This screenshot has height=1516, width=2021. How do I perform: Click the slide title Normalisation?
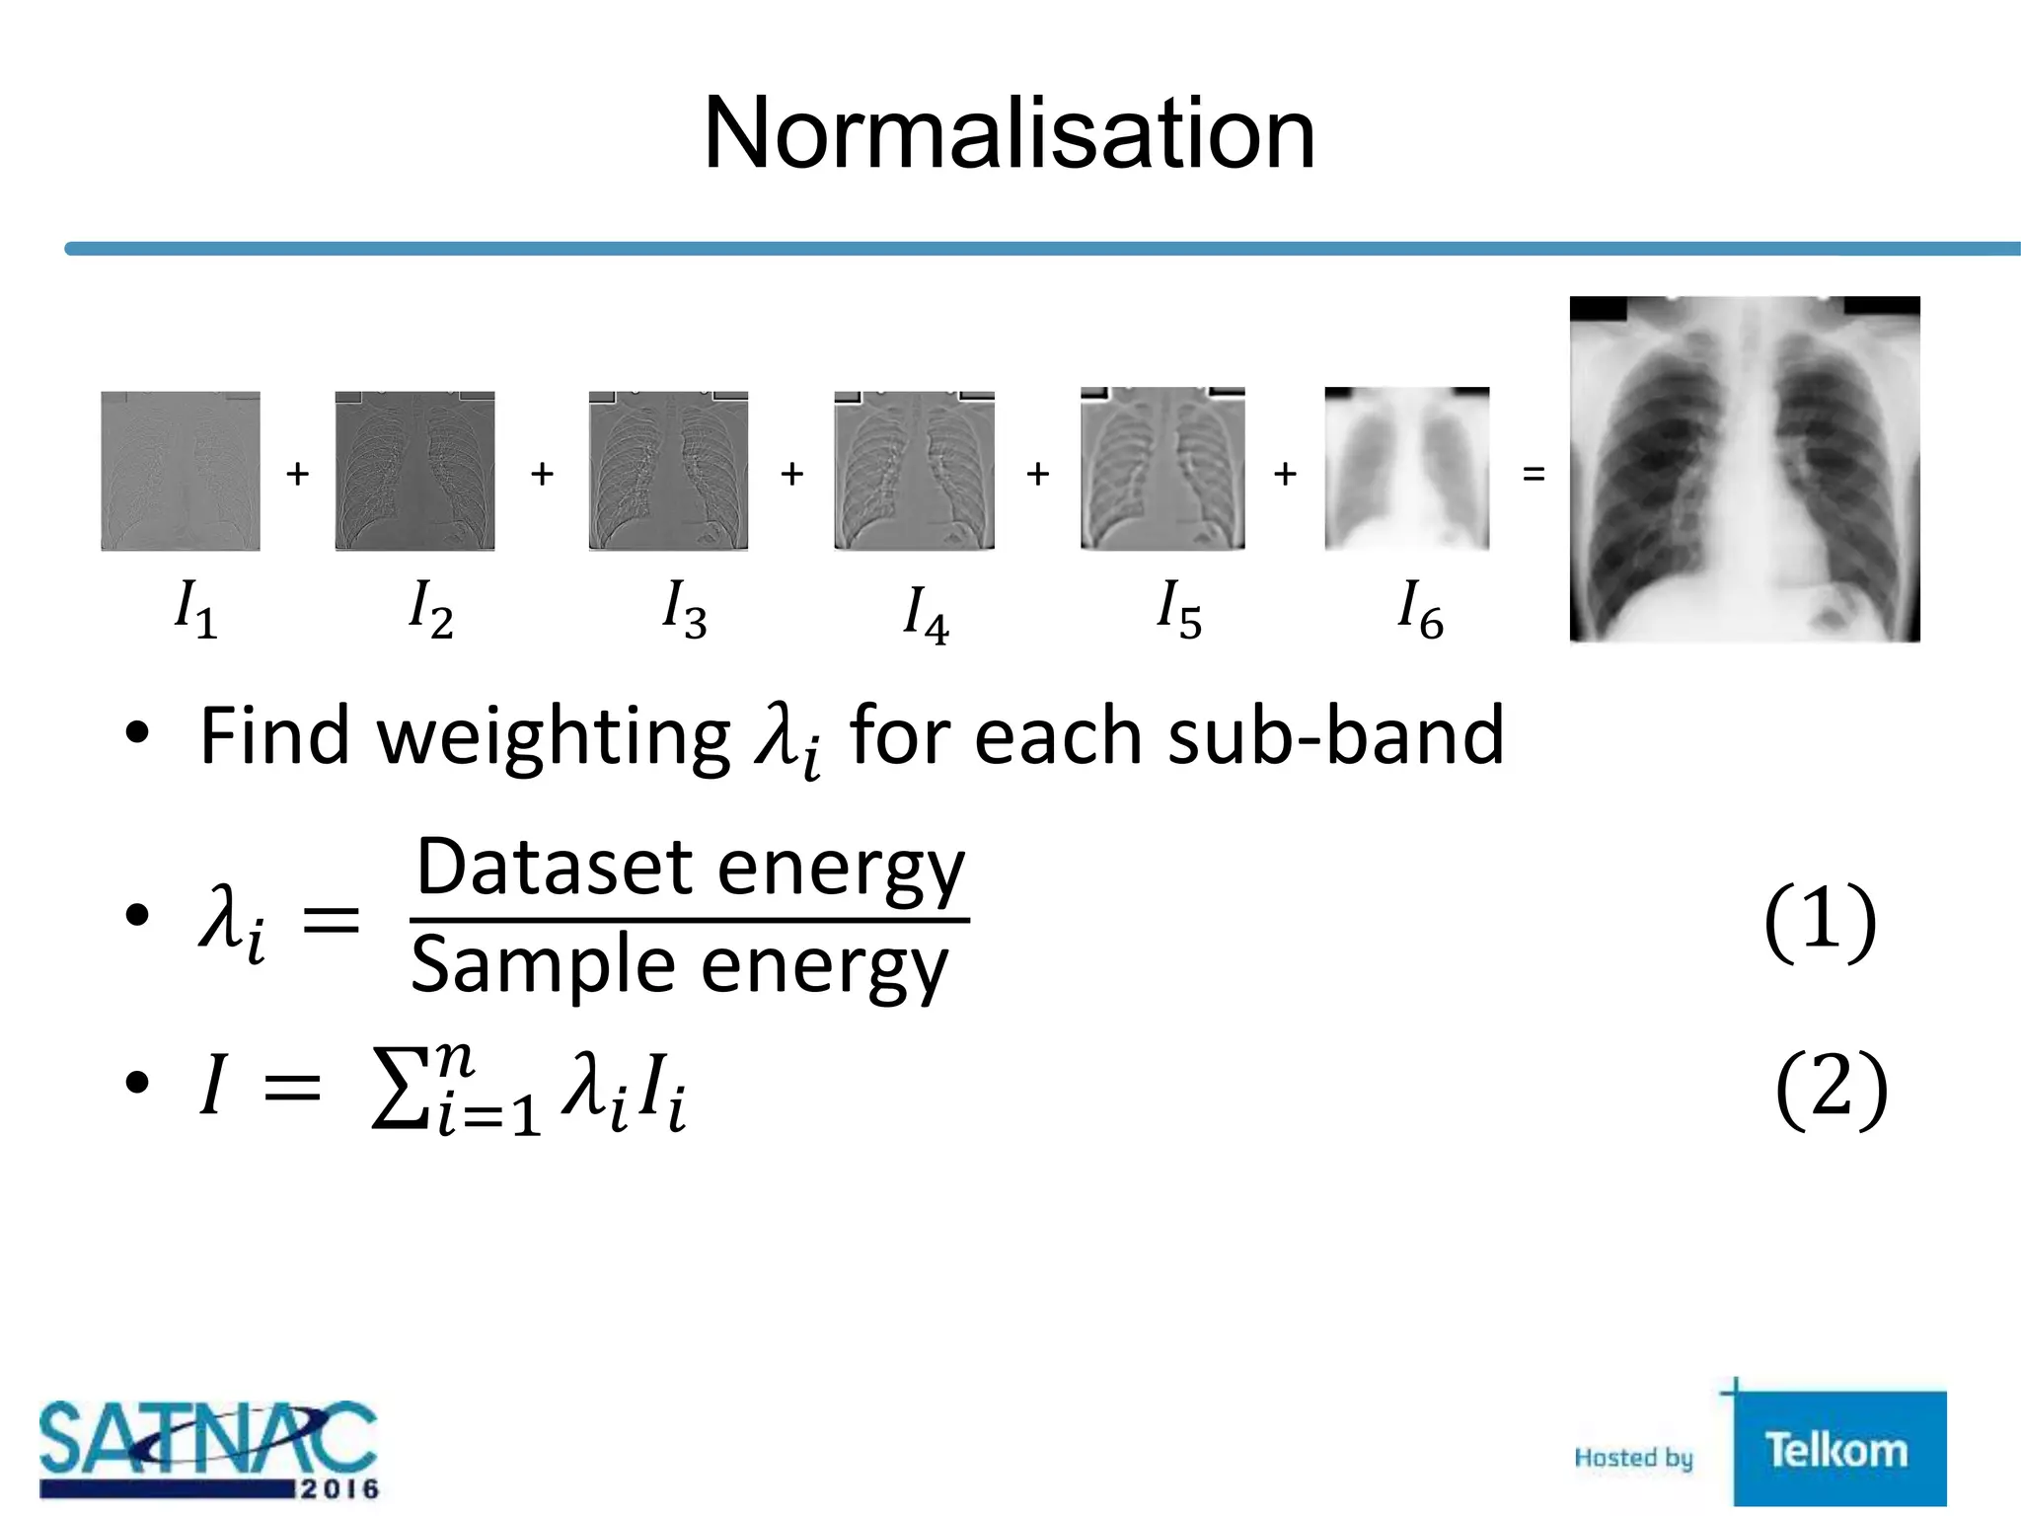click(x=1009, y=134)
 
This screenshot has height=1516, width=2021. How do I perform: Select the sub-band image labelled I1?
click(x=181, y=471)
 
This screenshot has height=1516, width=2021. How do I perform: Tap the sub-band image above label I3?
click(x=668, y=471)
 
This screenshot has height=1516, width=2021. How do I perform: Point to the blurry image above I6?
click(x=1406, y=469)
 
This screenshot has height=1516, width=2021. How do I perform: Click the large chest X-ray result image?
click(x=1744, y=469)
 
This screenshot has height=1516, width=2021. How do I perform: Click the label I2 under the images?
click(x=430, y=609)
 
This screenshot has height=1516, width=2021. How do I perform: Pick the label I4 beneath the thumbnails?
click(x=926, y=614)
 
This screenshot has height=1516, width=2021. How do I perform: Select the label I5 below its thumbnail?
click(x=1178, y=609)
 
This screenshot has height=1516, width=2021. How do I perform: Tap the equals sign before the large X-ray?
click(x=1533, y=475)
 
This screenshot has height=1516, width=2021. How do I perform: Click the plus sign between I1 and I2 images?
click(x=297, y=475)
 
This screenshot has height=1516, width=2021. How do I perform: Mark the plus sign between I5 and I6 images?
click(x=1284, y=475)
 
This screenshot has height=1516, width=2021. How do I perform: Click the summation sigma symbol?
click(x=400, y=1091)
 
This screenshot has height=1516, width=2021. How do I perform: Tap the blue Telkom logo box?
click(x=1838, y=1449)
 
